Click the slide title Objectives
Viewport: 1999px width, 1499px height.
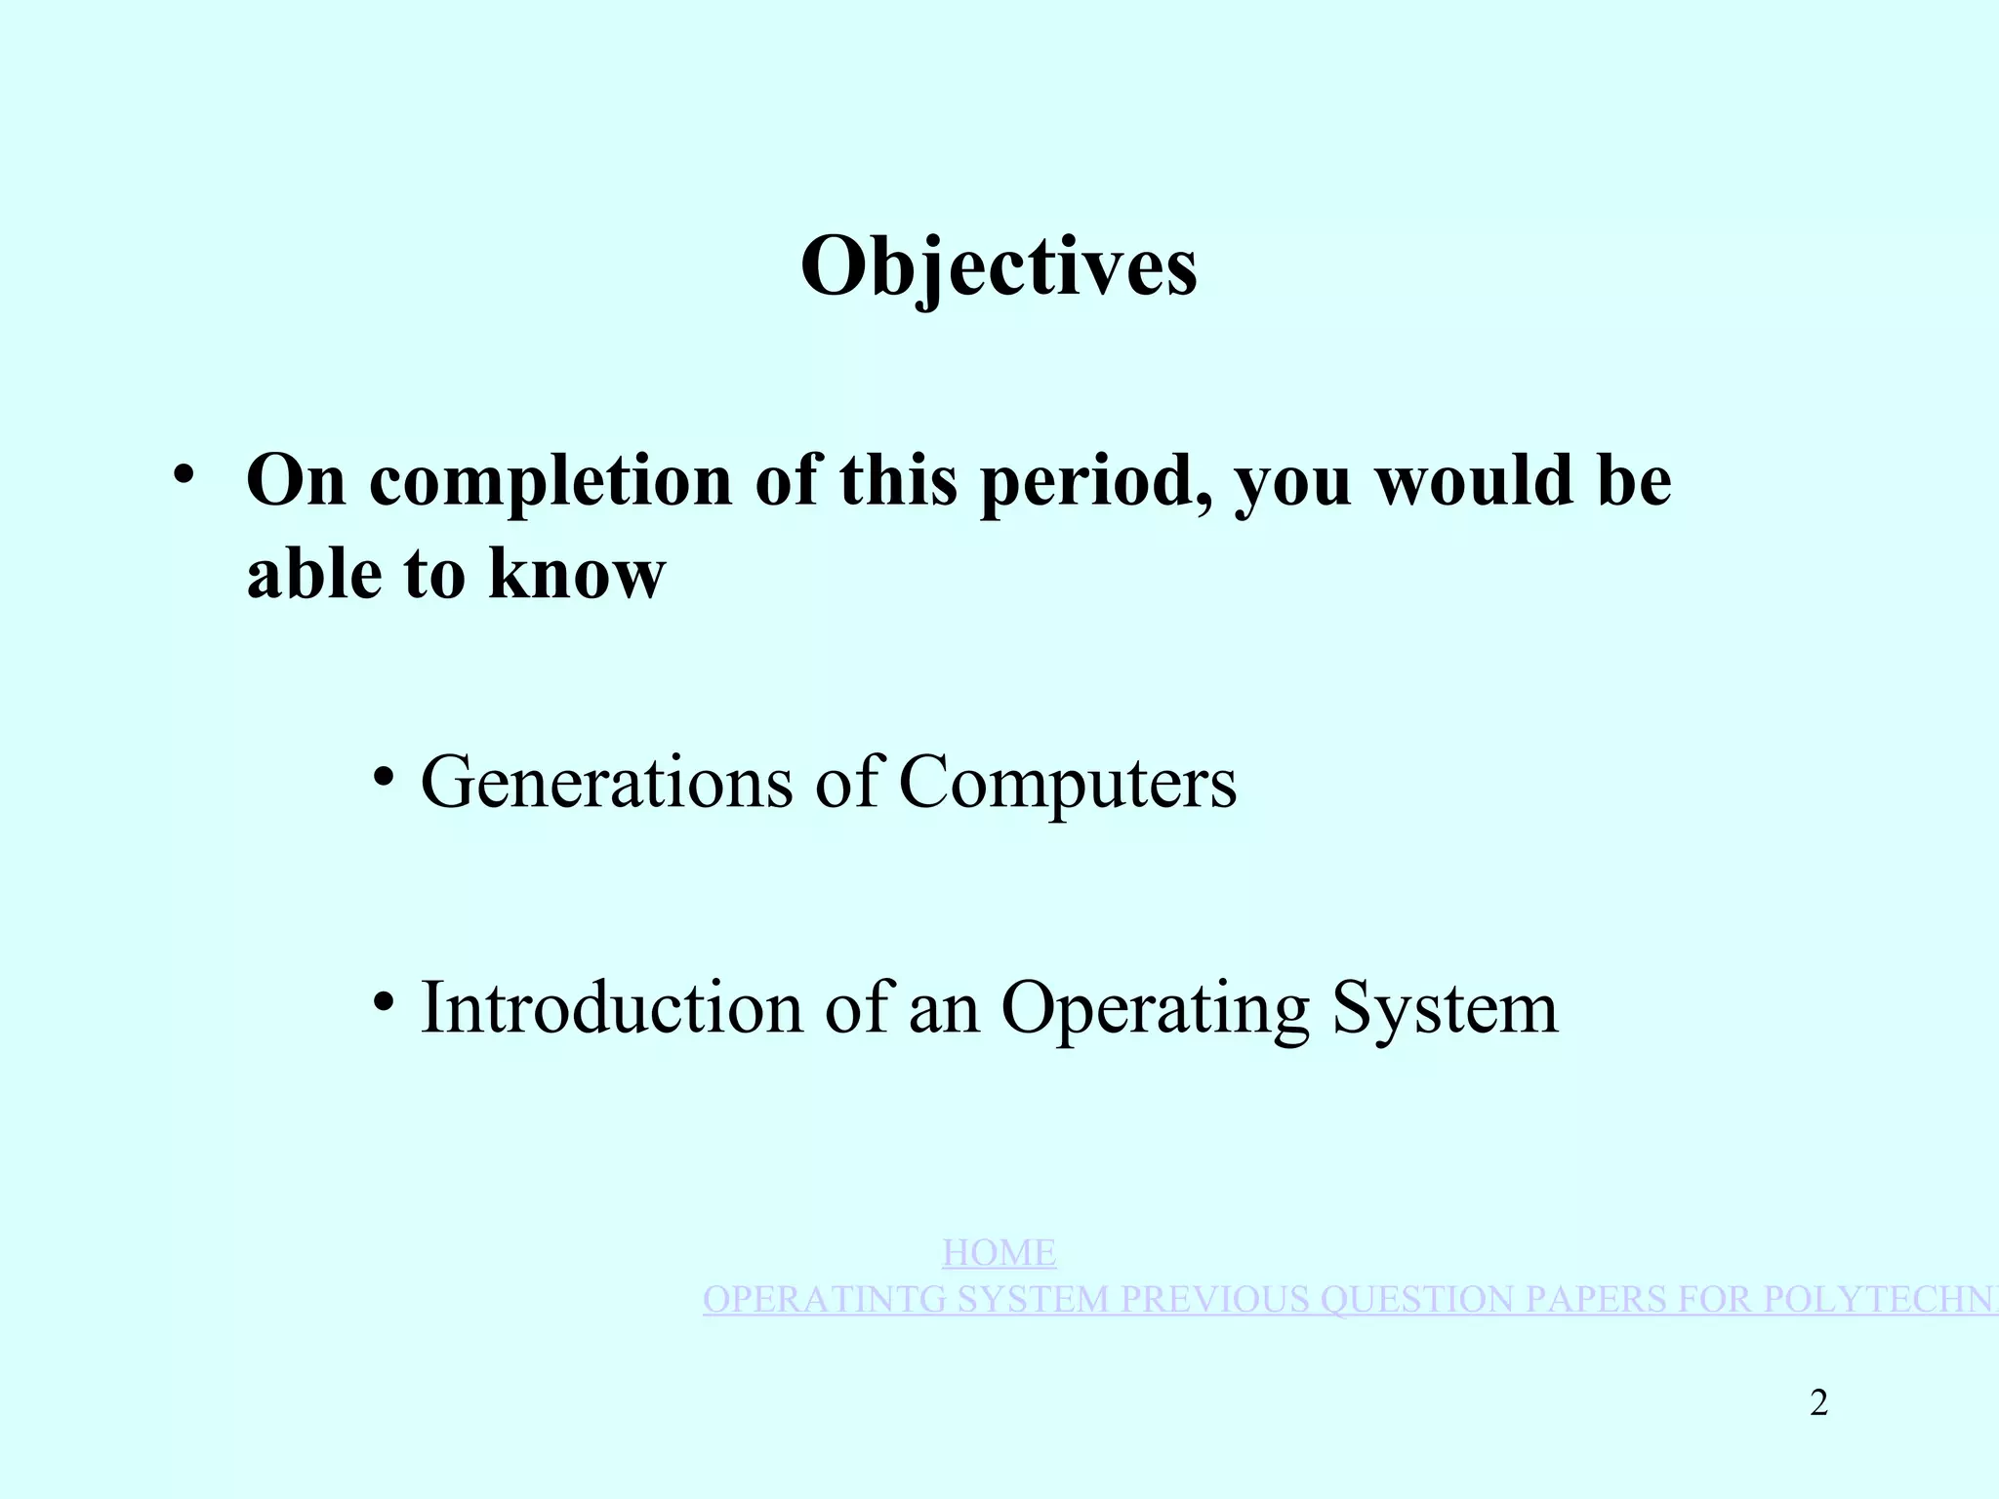point(999,266)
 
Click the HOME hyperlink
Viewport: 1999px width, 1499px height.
point(999,1253)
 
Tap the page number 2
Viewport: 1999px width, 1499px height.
point(1818,1403)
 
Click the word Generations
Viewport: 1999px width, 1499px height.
point(606,783)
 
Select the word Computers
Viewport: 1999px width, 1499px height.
point(1067,783)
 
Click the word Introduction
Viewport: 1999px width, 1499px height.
point(611,1007)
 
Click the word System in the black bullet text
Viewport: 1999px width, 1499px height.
point(1446,1009)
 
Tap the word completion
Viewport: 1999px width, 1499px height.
point(551,481)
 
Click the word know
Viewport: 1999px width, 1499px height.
point(577,574)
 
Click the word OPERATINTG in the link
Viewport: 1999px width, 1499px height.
point(824,1300)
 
